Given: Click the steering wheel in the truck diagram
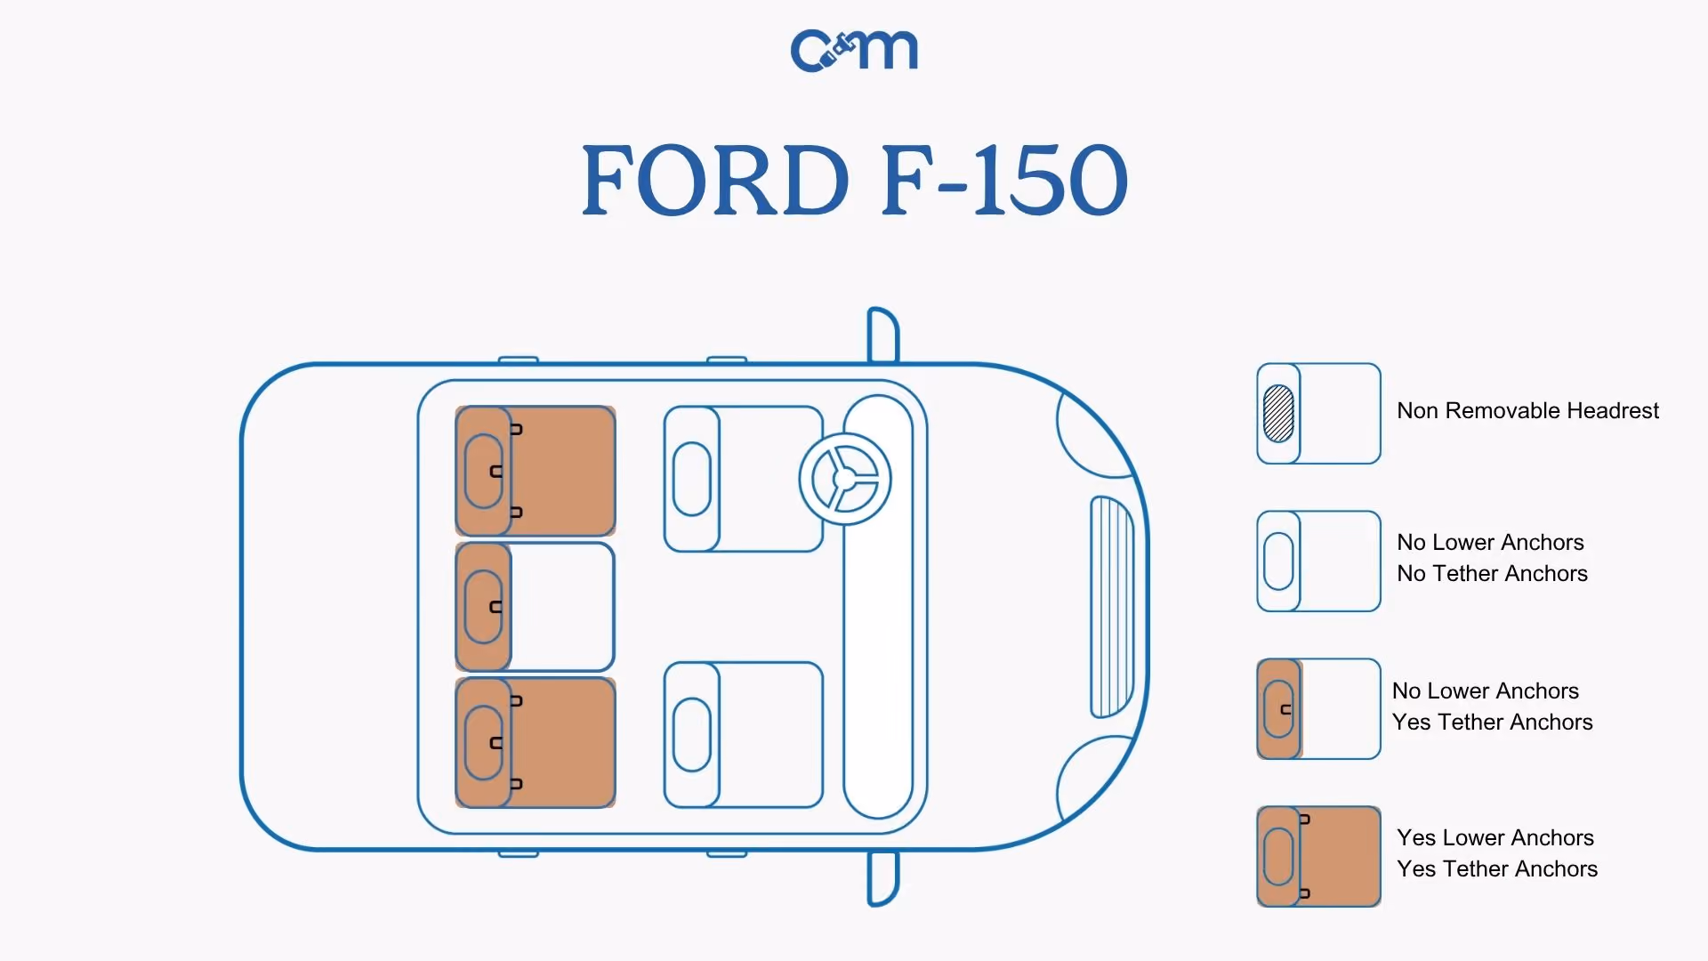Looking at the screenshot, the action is (x=844, y=479).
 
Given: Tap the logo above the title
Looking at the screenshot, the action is (x=854, y=50).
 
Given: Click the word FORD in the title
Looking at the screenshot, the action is (x=715, y=181).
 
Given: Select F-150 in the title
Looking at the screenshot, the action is (x=1005, y=181).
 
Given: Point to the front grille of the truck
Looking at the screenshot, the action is (x=1112, y=607).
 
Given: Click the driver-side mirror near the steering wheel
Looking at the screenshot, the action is (x=882, y=335).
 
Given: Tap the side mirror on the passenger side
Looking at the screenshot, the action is (x=882, y=878).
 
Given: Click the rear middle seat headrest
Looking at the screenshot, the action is (x=483, y=607).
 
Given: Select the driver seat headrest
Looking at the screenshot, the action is (x=692, y=479).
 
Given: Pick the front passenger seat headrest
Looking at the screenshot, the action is (x=692, y=735).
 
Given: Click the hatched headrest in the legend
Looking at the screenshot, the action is (x=1278, y=413).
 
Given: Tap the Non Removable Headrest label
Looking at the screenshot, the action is (x=1527, y=410).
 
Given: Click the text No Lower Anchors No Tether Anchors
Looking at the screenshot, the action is (x=1492, y=558).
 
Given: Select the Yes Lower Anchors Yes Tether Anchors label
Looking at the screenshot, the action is (x=1497, y=853).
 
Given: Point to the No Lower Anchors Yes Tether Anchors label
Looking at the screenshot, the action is (x=1492, y=707).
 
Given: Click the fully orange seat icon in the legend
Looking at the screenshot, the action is (x=1318, y=856).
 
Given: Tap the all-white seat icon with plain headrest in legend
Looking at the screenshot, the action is (x=1318, y=561).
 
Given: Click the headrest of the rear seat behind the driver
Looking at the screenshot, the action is (x=483, y=471).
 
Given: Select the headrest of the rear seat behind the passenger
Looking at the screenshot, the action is (x=483, y=742).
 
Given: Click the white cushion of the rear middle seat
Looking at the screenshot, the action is (x=562, y=607).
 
